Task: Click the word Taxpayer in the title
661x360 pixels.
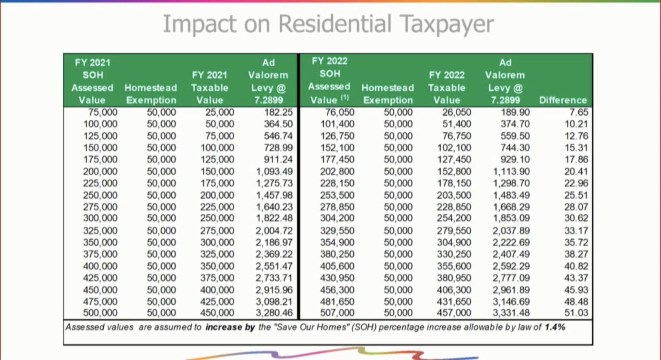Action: coord(446,24)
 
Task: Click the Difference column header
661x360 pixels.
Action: coord(562,100)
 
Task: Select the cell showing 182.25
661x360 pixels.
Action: coord(278,112)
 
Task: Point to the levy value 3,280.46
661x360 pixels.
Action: coord(274,313)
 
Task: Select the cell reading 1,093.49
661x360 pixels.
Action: coord(274,171)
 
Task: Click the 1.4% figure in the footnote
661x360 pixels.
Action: coord(555,327)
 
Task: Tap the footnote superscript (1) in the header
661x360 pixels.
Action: coord(345,98)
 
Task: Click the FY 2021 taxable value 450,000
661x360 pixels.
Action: coord(217,313)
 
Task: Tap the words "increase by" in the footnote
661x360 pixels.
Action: coord(230,327)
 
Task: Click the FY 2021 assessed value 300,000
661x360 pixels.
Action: coord(100,218)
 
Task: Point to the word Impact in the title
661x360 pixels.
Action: coord(199,24)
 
